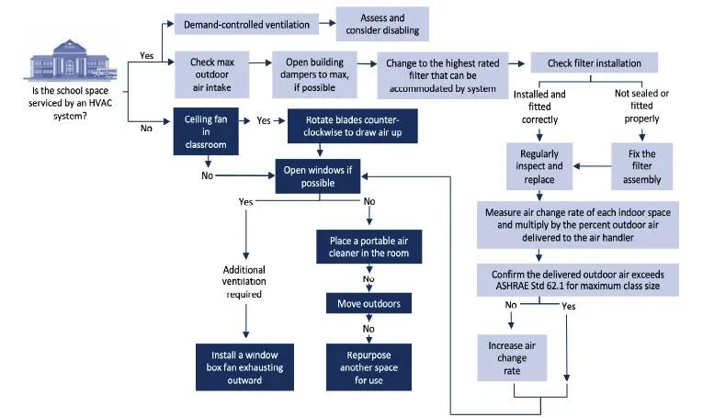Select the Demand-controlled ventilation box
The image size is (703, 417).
point(246,24)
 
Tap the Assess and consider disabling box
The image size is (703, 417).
point(382,24)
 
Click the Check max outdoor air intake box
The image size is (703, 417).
point(211,74)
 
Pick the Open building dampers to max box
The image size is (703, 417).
point(314,74)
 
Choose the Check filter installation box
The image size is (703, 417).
point(594,62)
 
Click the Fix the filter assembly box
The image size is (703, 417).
point(641,166)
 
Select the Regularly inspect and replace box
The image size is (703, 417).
point(539,166)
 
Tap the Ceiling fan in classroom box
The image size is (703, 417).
point(206,131)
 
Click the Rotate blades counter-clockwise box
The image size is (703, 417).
point(352,126)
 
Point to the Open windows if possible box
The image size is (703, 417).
point(317,176)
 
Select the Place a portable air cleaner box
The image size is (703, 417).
point(369,247)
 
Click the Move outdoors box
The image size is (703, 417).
point(369,303)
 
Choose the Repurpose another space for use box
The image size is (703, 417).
point(369,367)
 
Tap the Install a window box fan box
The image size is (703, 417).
point(244,367)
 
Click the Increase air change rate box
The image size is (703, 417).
point(512,358)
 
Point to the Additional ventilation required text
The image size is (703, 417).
point(244,282)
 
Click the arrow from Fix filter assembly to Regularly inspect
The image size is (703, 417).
point(592,166)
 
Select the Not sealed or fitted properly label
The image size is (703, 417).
point(641,106)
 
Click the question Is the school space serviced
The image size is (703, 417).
point(70,103)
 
